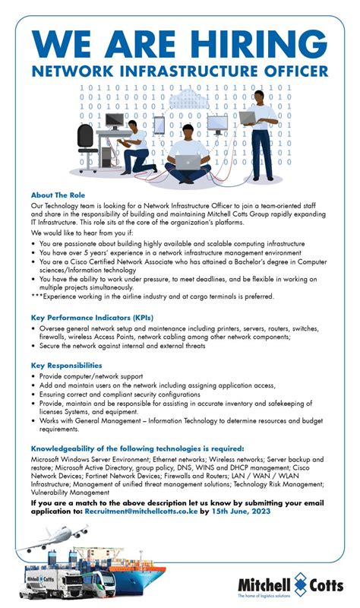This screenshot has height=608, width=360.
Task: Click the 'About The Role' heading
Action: [58, 195]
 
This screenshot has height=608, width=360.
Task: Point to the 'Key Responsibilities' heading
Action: [69, 366]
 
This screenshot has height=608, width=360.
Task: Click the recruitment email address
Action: [141, 511]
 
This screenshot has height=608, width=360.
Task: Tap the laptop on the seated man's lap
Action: [187, 162]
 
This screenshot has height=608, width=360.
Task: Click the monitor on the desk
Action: [113, 121]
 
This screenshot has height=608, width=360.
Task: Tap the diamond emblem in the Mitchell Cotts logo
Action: [295, 584]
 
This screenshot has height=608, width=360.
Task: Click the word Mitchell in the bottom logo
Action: [261, 583]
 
